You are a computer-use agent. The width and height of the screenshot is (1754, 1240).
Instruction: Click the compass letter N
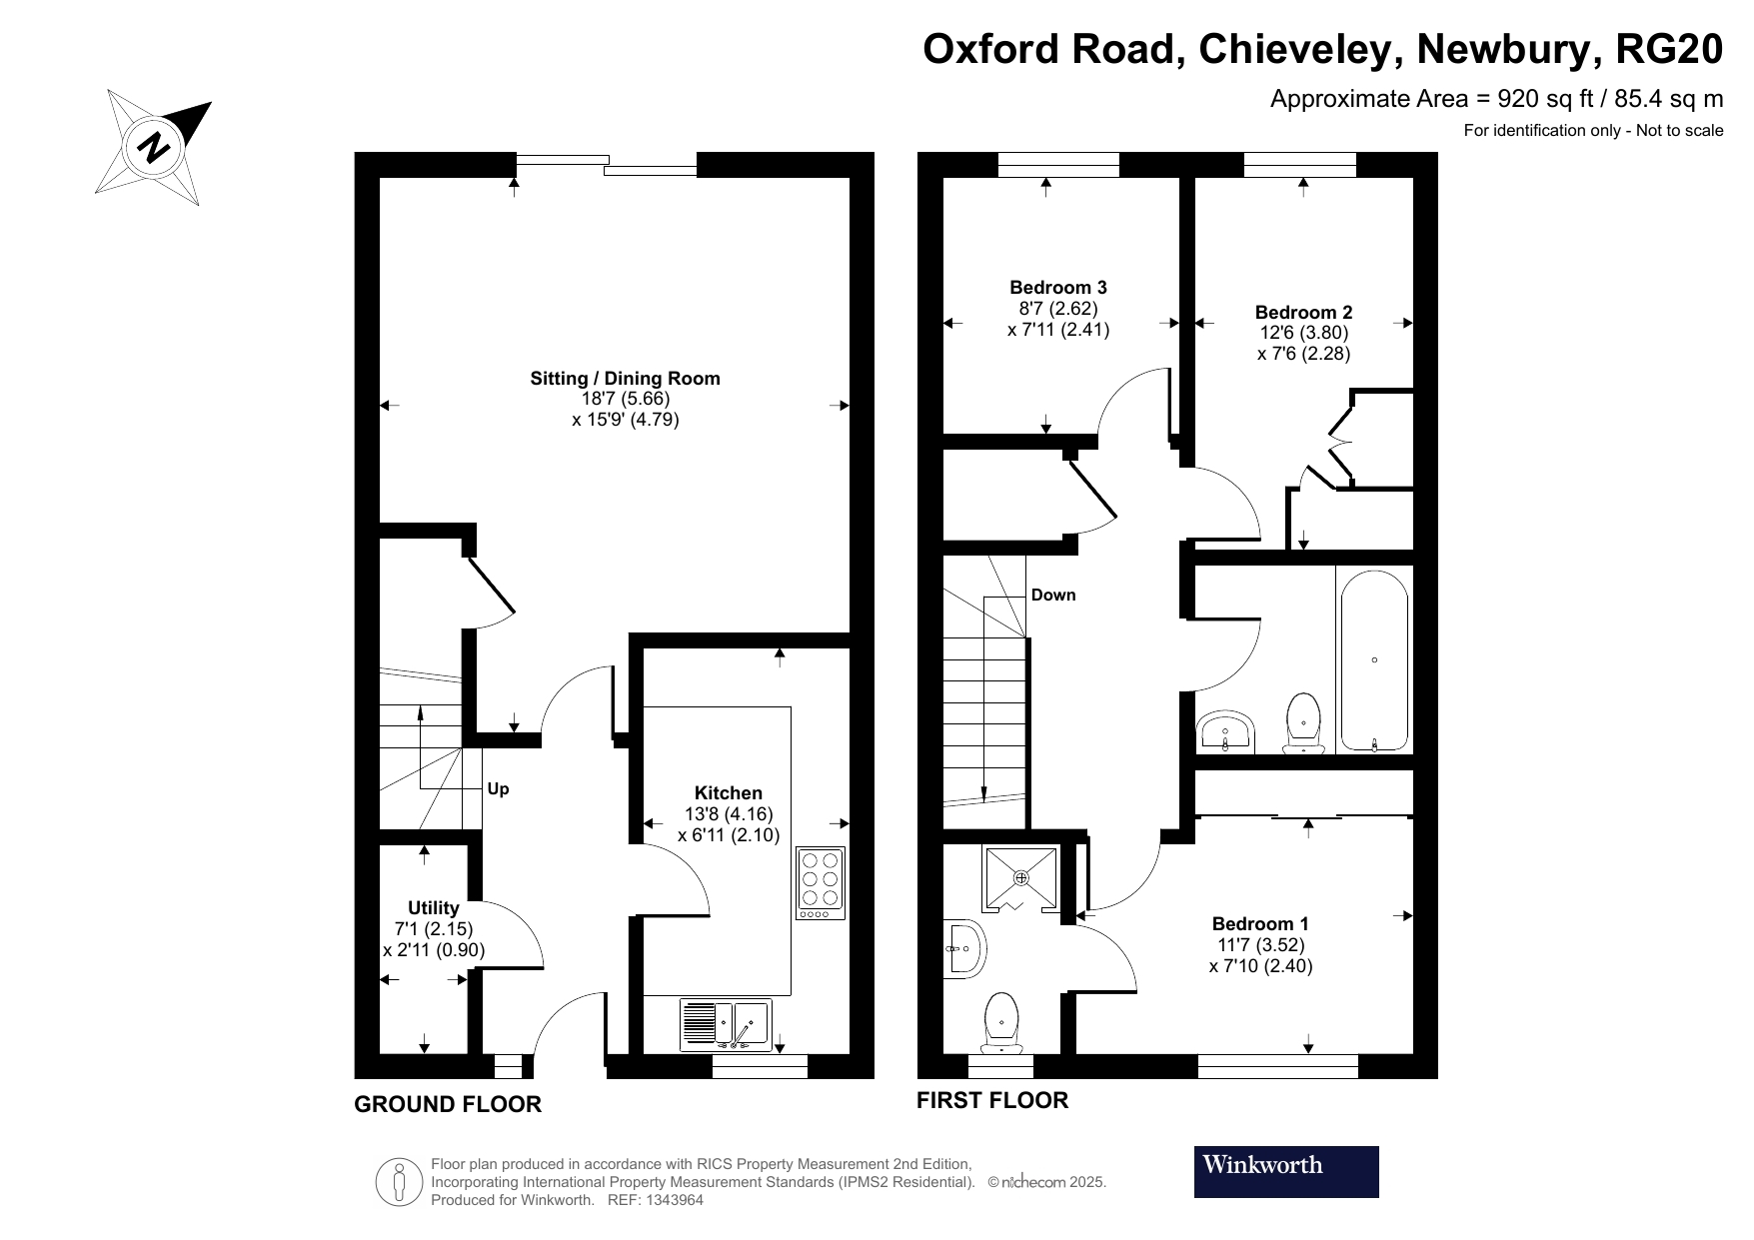coord(156,148)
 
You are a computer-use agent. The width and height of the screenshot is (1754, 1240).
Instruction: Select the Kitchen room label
coord(729,792)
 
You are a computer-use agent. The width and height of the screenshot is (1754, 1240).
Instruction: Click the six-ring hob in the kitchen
coord(821,882)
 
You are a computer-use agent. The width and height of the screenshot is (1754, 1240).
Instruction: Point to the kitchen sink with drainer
coord(726,1024)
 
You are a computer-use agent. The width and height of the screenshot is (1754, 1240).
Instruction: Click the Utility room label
coord(433,907)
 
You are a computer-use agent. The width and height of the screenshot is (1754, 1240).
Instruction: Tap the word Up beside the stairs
coord(498,789)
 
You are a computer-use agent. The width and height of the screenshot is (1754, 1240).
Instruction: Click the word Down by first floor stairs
coord(1053,596)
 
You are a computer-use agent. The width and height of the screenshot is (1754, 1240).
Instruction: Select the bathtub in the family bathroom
coord(1374,660)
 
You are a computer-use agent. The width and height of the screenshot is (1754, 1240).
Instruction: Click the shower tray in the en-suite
coord(1020,878)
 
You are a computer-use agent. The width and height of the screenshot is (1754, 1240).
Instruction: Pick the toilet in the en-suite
coord(1001,1022)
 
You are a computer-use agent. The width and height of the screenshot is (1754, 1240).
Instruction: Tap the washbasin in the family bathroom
coord(1225,731)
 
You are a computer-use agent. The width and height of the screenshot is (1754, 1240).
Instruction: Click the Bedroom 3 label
coord(1057,288)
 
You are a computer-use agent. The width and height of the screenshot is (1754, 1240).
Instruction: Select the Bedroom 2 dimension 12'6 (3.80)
coord(1303,333)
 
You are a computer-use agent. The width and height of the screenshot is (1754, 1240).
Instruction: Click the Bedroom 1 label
coord(1259,923)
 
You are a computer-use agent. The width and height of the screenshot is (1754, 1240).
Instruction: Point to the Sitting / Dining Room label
coord(625,378)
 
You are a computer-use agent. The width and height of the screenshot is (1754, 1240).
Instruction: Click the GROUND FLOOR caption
coord(448,1104)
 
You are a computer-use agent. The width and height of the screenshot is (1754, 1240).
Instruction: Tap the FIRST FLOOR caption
coord(992,1100)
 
